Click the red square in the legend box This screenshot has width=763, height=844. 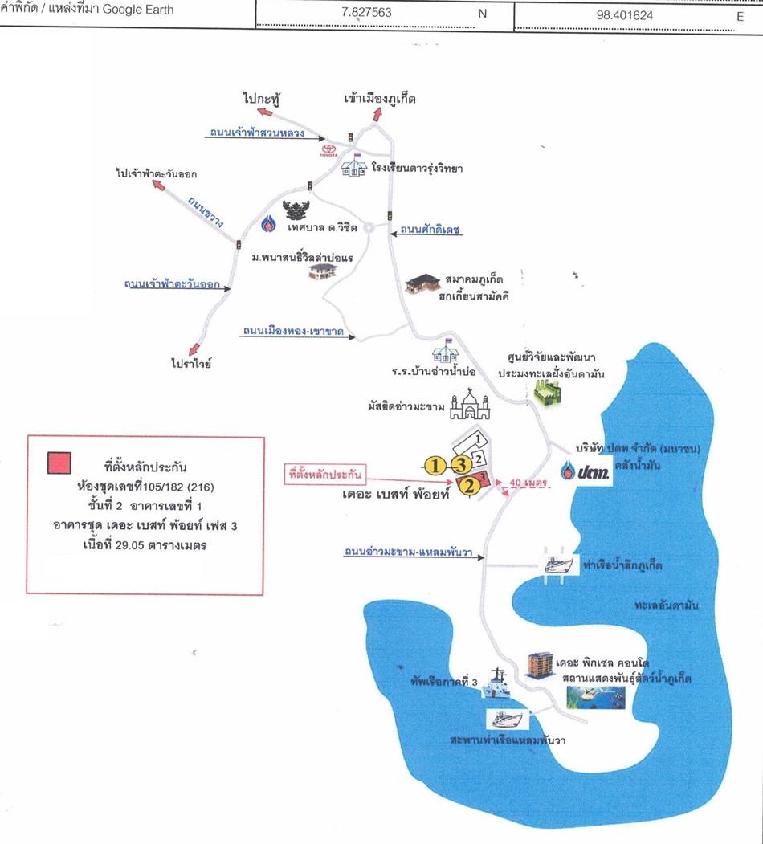59,463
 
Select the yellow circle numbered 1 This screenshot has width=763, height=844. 435,465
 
